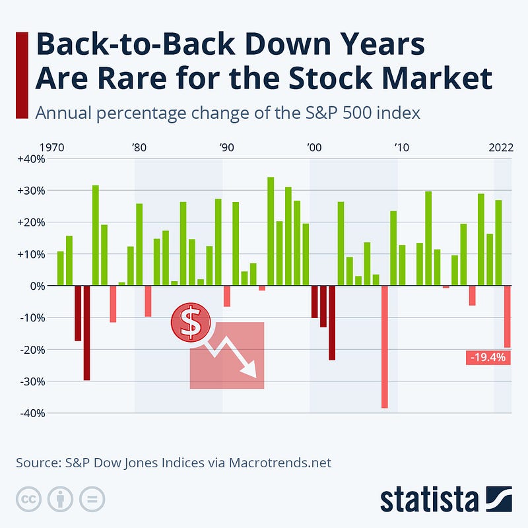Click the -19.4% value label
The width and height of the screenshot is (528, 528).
pyautogui.click(x=488, y=358)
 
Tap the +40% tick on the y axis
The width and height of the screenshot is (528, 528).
pyautogui.click(x=30, y=159)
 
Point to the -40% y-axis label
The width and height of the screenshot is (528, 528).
pyautogui.click(x=31, y=414)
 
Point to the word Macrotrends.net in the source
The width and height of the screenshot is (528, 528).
pyautogui.click(x=280, y=463)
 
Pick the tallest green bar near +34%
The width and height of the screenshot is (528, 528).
pyautogui.click(x=271, y=231)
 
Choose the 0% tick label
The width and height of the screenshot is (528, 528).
pyautogui.click(x=36, y=286)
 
